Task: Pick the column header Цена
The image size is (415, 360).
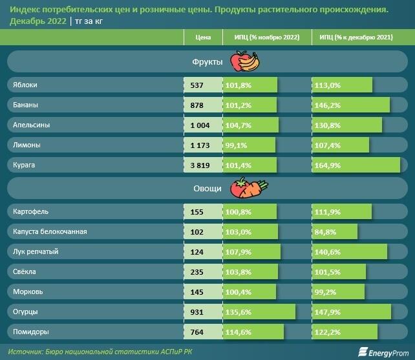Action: coord(203,37)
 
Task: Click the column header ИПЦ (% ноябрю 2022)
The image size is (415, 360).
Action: coord(266,37)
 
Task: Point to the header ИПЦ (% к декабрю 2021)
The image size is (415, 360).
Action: coord(356,37)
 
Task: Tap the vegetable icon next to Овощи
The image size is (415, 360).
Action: coord(251,188)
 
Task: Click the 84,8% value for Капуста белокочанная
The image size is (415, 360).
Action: coord(325,231)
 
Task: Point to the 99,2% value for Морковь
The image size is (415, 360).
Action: coord(325,291)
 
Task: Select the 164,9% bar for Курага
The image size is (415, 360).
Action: coord(356,165)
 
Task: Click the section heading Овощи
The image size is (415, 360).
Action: coord(207,189)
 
